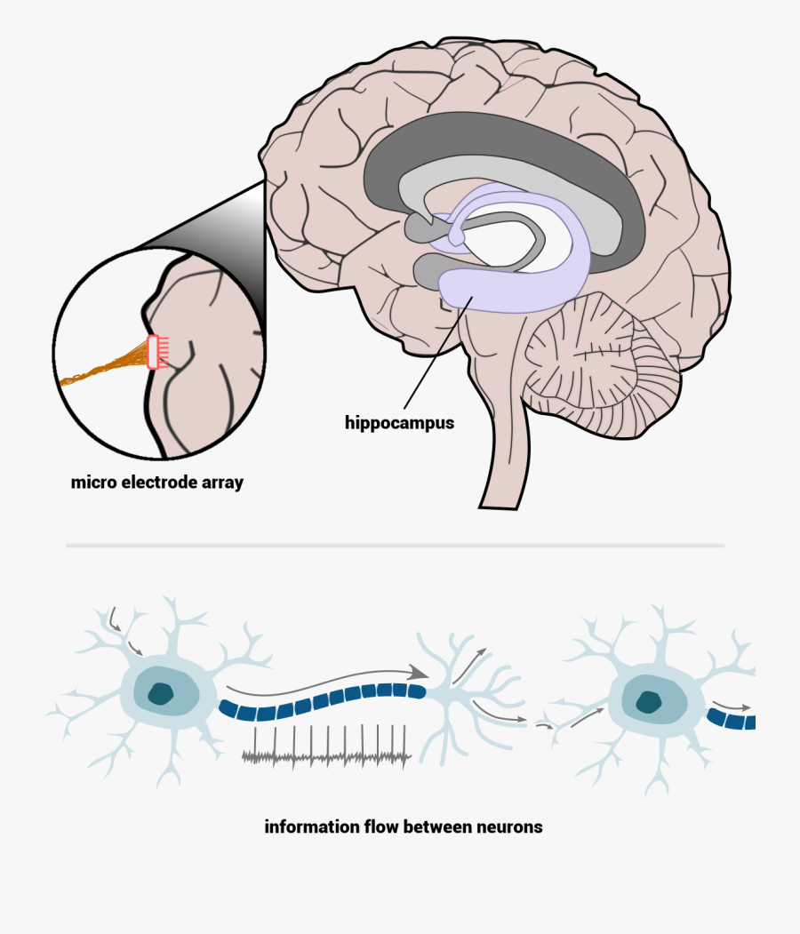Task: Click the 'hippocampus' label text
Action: click(399, 423)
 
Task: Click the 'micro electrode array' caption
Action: click(157, 483)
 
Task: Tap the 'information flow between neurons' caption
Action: click(404, 826)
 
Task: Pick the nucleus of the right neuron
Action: click(648, 700)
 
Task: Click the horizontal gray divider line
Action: click(395, 545)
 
